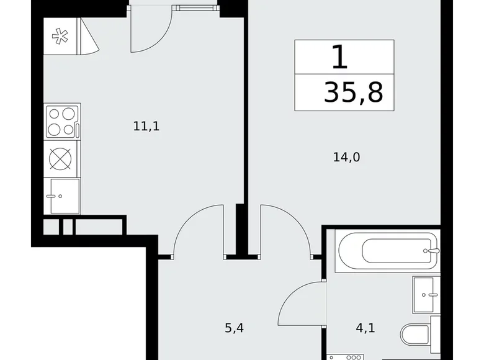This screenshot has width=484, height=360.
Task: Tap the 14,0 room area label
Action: (x=347, y=157)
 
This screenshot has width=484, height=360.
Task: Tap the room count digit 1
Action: (x=339, y=58)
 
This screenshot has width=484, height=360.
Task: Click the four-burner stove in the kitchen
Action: (x=62, y=122)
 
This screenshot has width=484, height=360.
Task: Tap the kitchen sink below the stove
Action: (x=63, y=196)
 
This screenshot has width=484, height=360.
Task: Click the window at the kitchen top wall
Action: (x=196, y=7)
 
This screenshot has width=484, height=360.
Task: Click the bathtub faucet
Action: (x=433, y=251)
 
